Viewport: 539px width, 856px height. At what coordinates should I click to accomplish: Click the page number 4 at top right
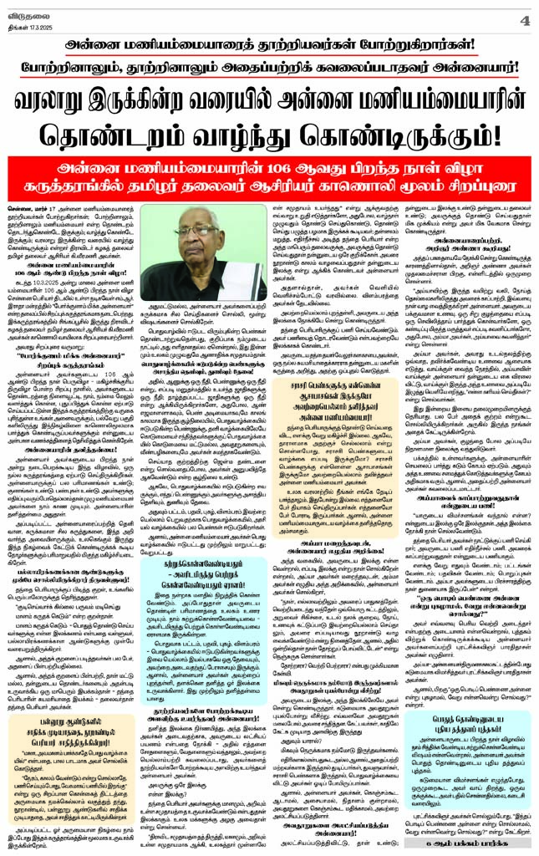524,18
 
